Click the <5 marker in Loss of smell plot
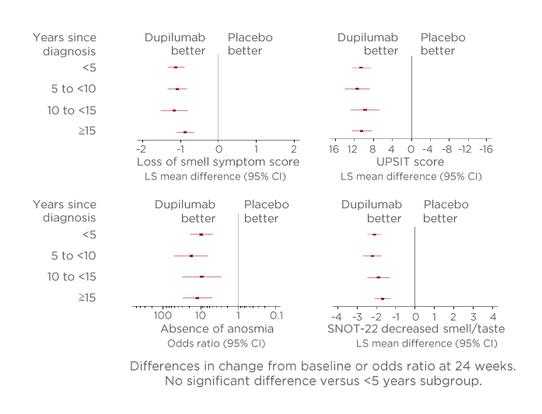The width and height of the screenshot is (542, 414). (176, 68)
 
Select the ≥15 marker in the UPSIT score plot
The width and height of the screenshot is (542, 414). (362, 131)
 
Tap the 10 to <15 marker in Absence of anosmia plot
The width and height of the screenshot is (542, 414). (201, 277)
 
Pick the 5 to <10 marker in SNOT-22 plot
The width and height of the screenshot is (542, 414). (372, 256)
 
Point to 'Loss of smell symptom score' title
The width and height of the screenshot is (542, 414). (218, 162)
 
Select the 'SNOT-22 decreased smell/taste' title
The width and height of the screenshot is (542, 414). (415, 329)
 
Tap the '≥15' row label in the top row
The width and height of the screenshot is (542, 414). (86, 131)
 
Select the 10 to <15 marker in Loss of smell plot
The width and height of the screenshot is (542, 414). (174, 110)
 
